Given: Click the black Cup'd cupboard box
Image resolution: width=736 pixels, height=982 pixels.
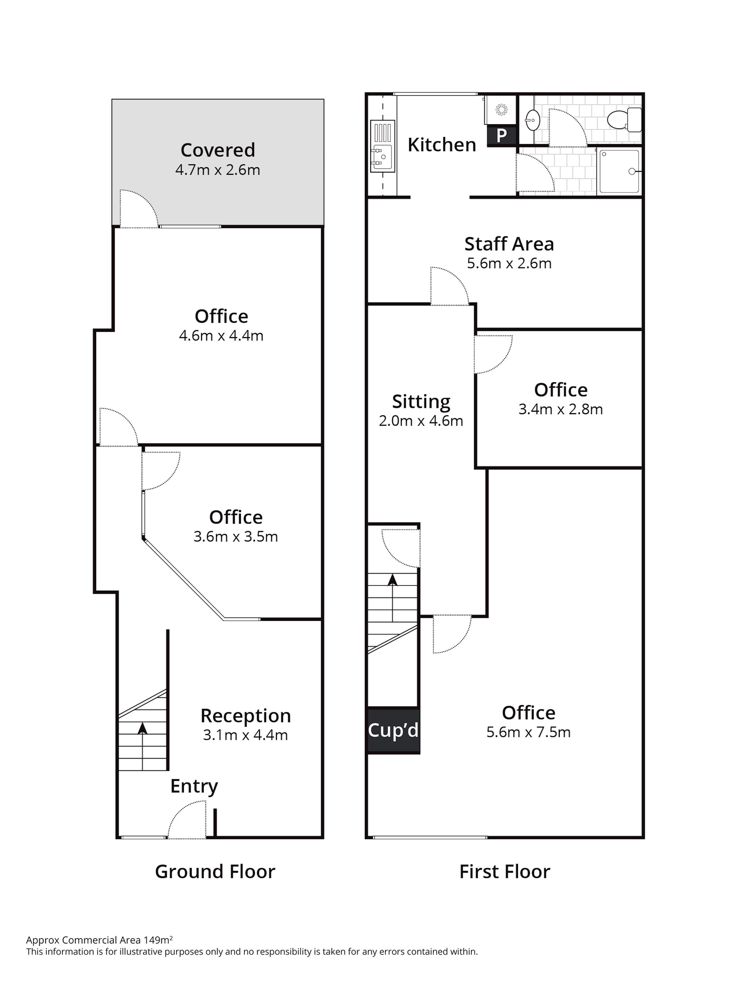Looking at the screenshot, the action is pos(393,730).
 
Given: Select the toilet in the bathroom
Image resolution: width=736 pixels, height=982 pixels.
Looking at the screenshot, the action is pos(624,120).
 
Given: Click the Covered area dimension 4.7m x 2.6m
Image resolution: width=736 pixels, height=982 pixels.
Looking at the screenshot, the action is pos(218,170).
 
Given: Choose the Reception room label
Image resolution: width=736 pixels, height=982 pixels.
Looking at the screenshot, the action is pos(245,716).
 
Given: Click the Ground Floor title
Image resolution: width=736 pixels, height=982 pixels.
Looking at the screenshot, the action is pos(215,872).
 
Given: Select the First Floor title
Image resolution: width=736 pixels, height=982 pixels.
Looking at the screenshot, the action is pos(505,872).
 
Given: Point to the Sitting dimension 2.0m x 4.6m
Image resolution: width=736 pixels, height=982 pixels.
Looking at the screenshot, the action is pos(421,421).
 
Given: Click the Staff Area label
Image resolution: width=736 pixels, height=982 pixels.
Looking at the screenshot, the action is pos(509,244).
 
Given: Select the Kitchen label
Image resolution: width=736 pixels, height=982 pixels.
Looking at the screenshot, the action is pos(442,145).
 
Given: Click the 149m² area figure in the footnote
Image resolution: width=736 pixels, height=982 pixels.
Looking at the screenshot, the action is pos(158,940).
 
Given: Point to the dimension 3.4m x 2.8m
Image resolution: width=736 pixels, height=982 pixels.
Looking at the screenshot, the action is pos(561,409).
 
